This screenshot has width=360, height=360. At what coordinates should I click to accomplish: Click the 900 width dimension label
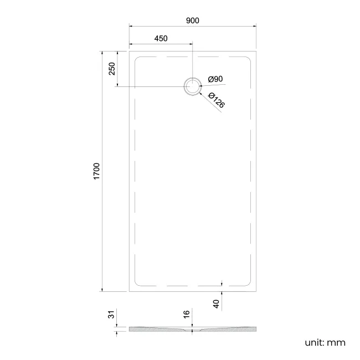pyautogui.click(x=192, y=20)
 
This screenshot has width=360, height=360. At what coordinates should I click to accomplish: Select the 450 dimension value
pyautogui.click(x=161, y=39)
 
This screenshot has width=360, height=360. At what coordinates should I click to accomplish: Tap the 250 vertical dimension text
pyautogui.click(x=111, y=69)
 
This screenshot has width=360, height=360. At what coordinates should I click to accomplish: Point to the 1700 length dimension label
pyautogui.click(x=96, y=171)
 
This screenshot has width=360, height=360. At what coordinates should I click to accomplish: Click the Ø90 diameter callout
pyautogui.click(x=215, y=80)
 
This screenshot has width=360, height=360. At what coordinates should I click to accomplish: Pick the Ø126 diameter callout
pyautogui.click(x=217, y=100)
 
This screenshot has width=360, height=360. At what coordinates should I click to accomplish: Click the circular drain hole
pyautogui.click(x=192, y=86)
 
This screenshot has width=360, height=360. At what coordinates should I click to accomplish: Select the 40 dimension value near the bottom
pyautogui.click(x=216, y=304)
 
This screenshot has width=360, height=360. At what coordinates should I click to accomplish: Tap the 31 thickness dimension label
pyautogui.click(x=111, y=315)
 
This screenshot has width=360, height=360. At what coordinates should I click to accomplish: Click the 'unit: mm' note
pyautogui.click(x=325, y=342)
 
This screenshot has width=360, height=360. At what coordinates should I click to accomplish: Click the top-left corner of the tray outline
pyautogui.click(x=130, y=51)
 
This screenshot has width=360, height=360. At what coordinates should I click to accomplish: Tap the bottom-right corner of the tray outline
pyautogui.click(x=256, y=291)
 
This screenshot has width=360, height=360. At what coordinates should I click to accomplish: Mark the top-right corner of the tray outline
pyautogui.click(x=256, y=51)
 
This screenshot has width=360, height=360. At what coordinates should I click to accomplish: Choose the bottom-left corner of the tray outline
pyautogui.click(x=130, y=291)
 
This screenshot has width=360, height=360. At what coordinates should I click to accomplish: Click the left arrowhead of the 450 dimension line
pyautogui.click(x=131, y=44)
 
